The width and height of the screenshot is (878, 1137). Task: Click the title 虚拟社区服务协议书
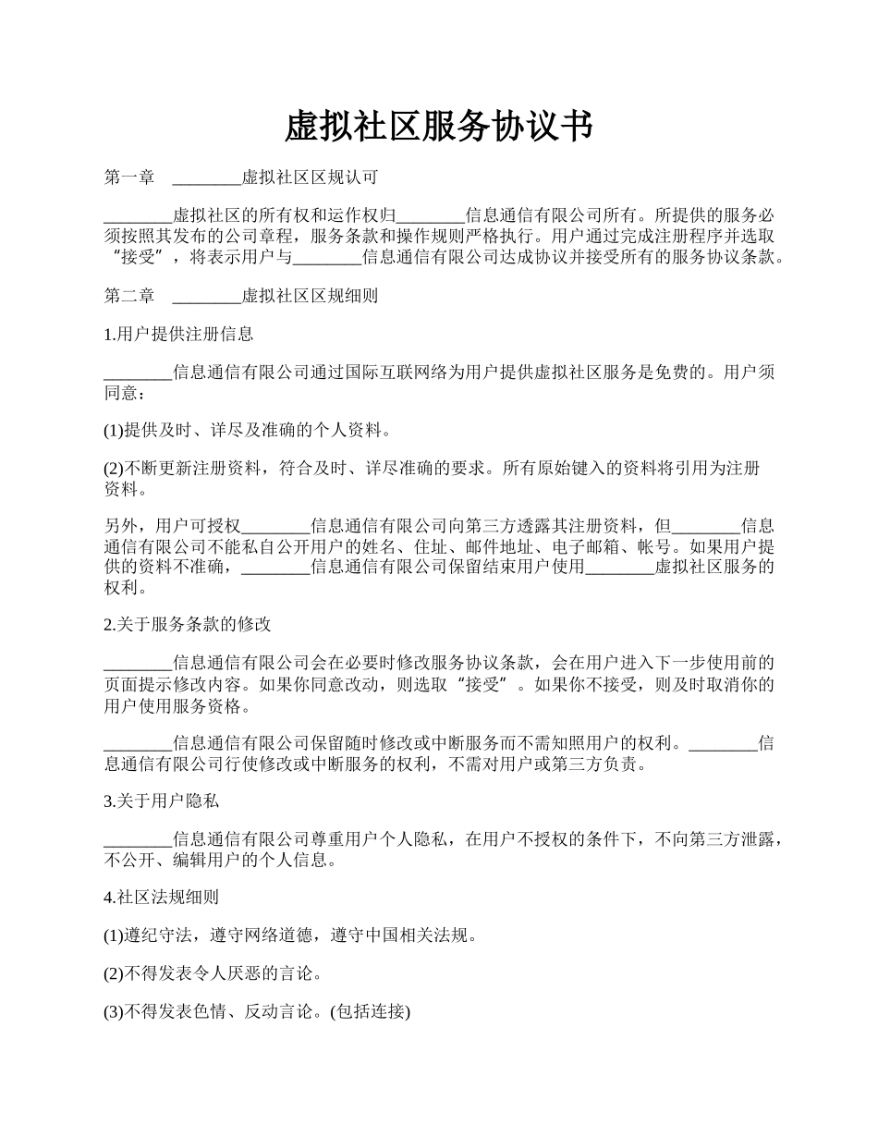tap(438, 127)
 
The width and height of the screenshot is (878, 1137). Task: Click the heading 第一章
tap(128, 177)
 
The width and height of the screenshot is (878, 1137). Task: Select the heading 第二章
tap(128, 297)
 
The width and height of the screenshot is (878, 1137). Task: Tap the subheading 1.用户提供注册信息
tap(178, 335)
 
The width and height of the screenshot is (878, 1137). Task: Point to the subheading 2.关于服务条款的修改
tap(187, 625)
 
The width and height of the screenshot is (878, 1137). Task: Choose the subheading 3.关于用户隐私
tap(161, 801)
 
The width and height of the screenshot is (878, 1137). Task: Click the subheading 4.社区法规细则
tap(161, 897)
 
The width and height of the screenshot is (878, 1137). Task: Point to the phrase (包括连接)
tap(370, 1012)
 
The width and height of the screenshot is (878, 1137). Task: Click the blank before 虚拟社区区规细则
tap(206, 298)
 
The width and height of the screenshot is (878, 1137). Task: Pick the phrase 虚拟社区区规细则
tap(309, 297)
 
